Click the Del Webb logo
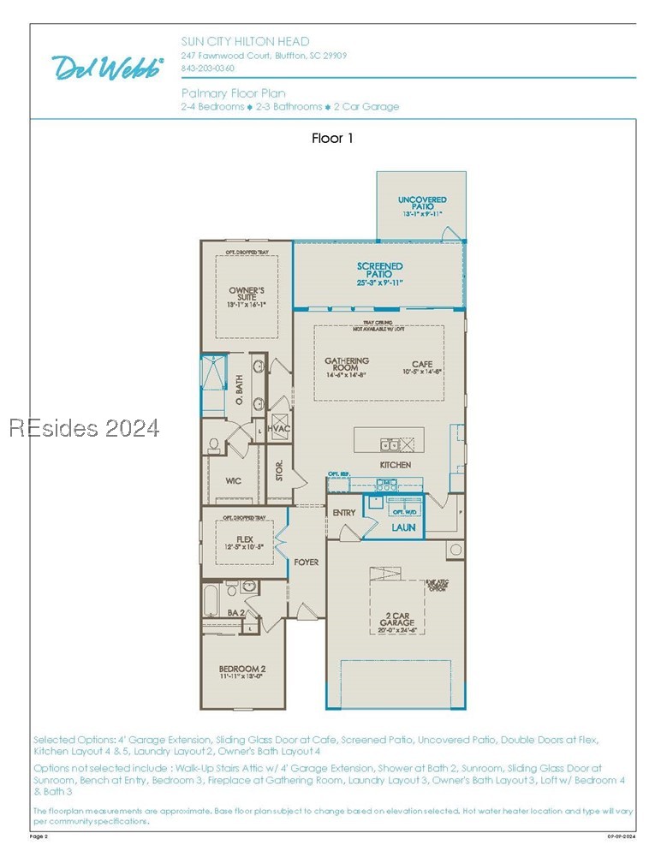click(x=108, y=68)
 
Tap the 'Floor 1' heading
click(x=332, y=138)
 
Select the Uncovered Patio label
click(x=422, y=203)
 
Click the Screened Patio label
click(x=379, y=274)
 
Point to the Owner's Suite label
click(x=247, y=296)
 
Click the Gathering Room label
click(x=347, y=366)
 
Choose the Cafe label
click(x=422, y=367)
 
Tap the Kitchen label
click(x=396, y=465)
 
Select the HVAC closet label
click(x=279, y=428)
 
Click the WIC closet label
click(x=233, y=481)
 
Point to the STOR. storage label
click(x=279, y=472)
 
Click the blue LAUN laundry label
click(x=403, y=527)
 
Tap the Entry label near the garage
click(x=344, y=513)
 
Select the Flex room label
click(x=245, y=541)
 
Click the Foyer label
click(x=306, y=562)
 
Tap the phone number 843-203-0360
click(x=207, y=68)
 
